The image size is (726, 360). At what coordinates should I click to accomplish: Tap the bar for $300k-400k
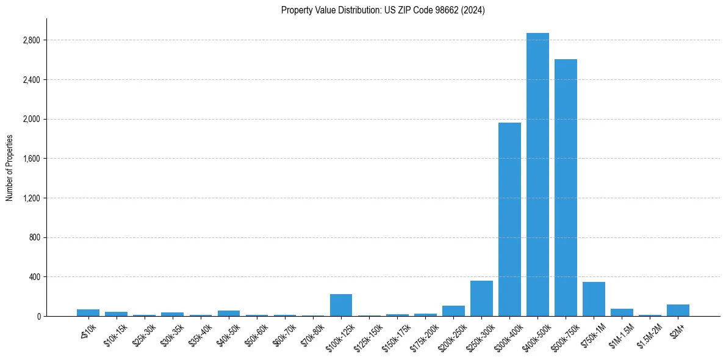click(x=509, y=219)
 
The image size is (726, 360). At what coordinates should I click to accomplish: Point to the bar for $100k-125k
click(x=341, y=305)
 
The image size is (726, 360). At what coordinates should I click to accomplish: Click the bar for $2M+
click(x=678, y=310)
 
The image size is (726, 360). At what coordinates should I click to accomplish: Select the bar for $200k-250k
click(x=453, y=311)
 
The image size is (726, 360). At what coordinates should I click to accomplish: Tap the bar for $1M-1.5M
click(x=622, y=312)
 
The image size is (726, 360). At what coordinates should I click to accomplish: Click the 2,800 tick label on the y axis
click(x=31, y=40)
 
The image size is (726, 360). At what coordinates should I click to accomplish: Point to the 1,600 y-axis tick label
click(x=31, y=159)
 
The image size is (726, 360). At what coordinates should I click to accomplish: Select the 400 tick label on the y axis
click(x=34, y=277)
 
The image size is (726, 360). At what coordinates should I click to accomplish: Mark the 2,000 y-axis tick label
click(x=31, y=119)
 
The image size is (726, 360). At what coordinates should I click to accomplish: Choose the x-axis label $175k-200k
click(x=425, y=337)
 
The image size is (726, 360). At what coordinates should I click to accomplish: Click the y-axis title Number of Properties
click(x=9, y=168)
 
